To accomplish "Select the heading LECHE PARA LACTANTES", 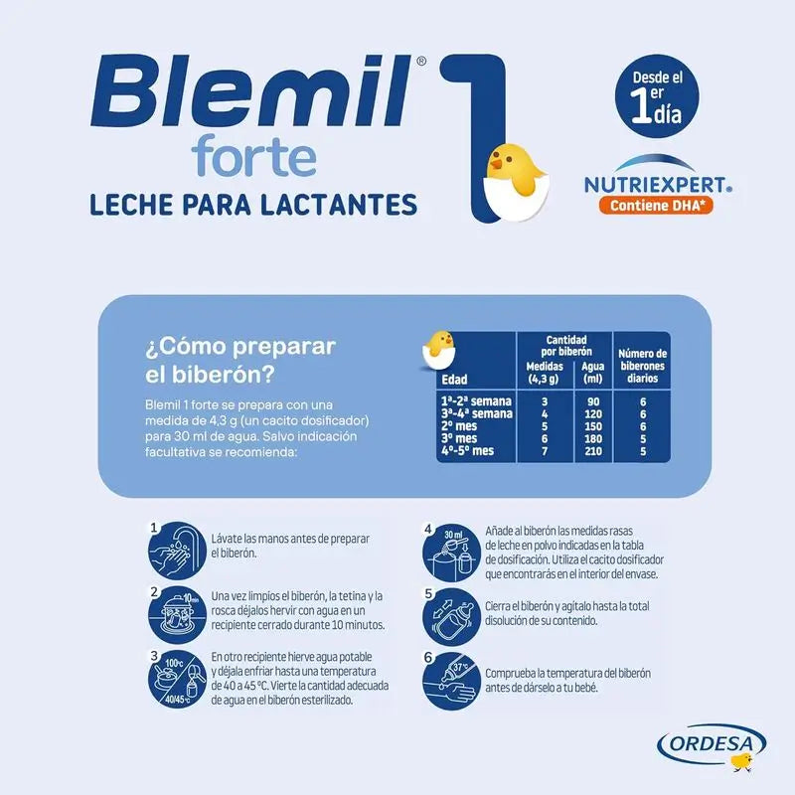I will (x=253, y=205).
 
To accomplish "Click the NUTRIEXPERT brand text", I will (x=646, y=184).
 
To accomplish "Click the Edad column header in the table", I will (x=454, y=379).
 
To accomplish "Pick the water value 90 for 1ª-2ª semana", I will (x=591, y=401).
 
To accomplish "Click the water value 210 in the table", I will (x=591, y=452).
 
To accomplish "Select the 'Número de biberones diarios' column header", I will (x=643, y=365).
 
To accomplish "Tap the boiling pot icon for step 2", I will (x=177, y=611).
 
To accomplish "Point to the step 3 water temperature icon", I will (x=177, y=678).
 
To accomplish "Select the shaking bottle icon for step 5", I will (x=451, y=613).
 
